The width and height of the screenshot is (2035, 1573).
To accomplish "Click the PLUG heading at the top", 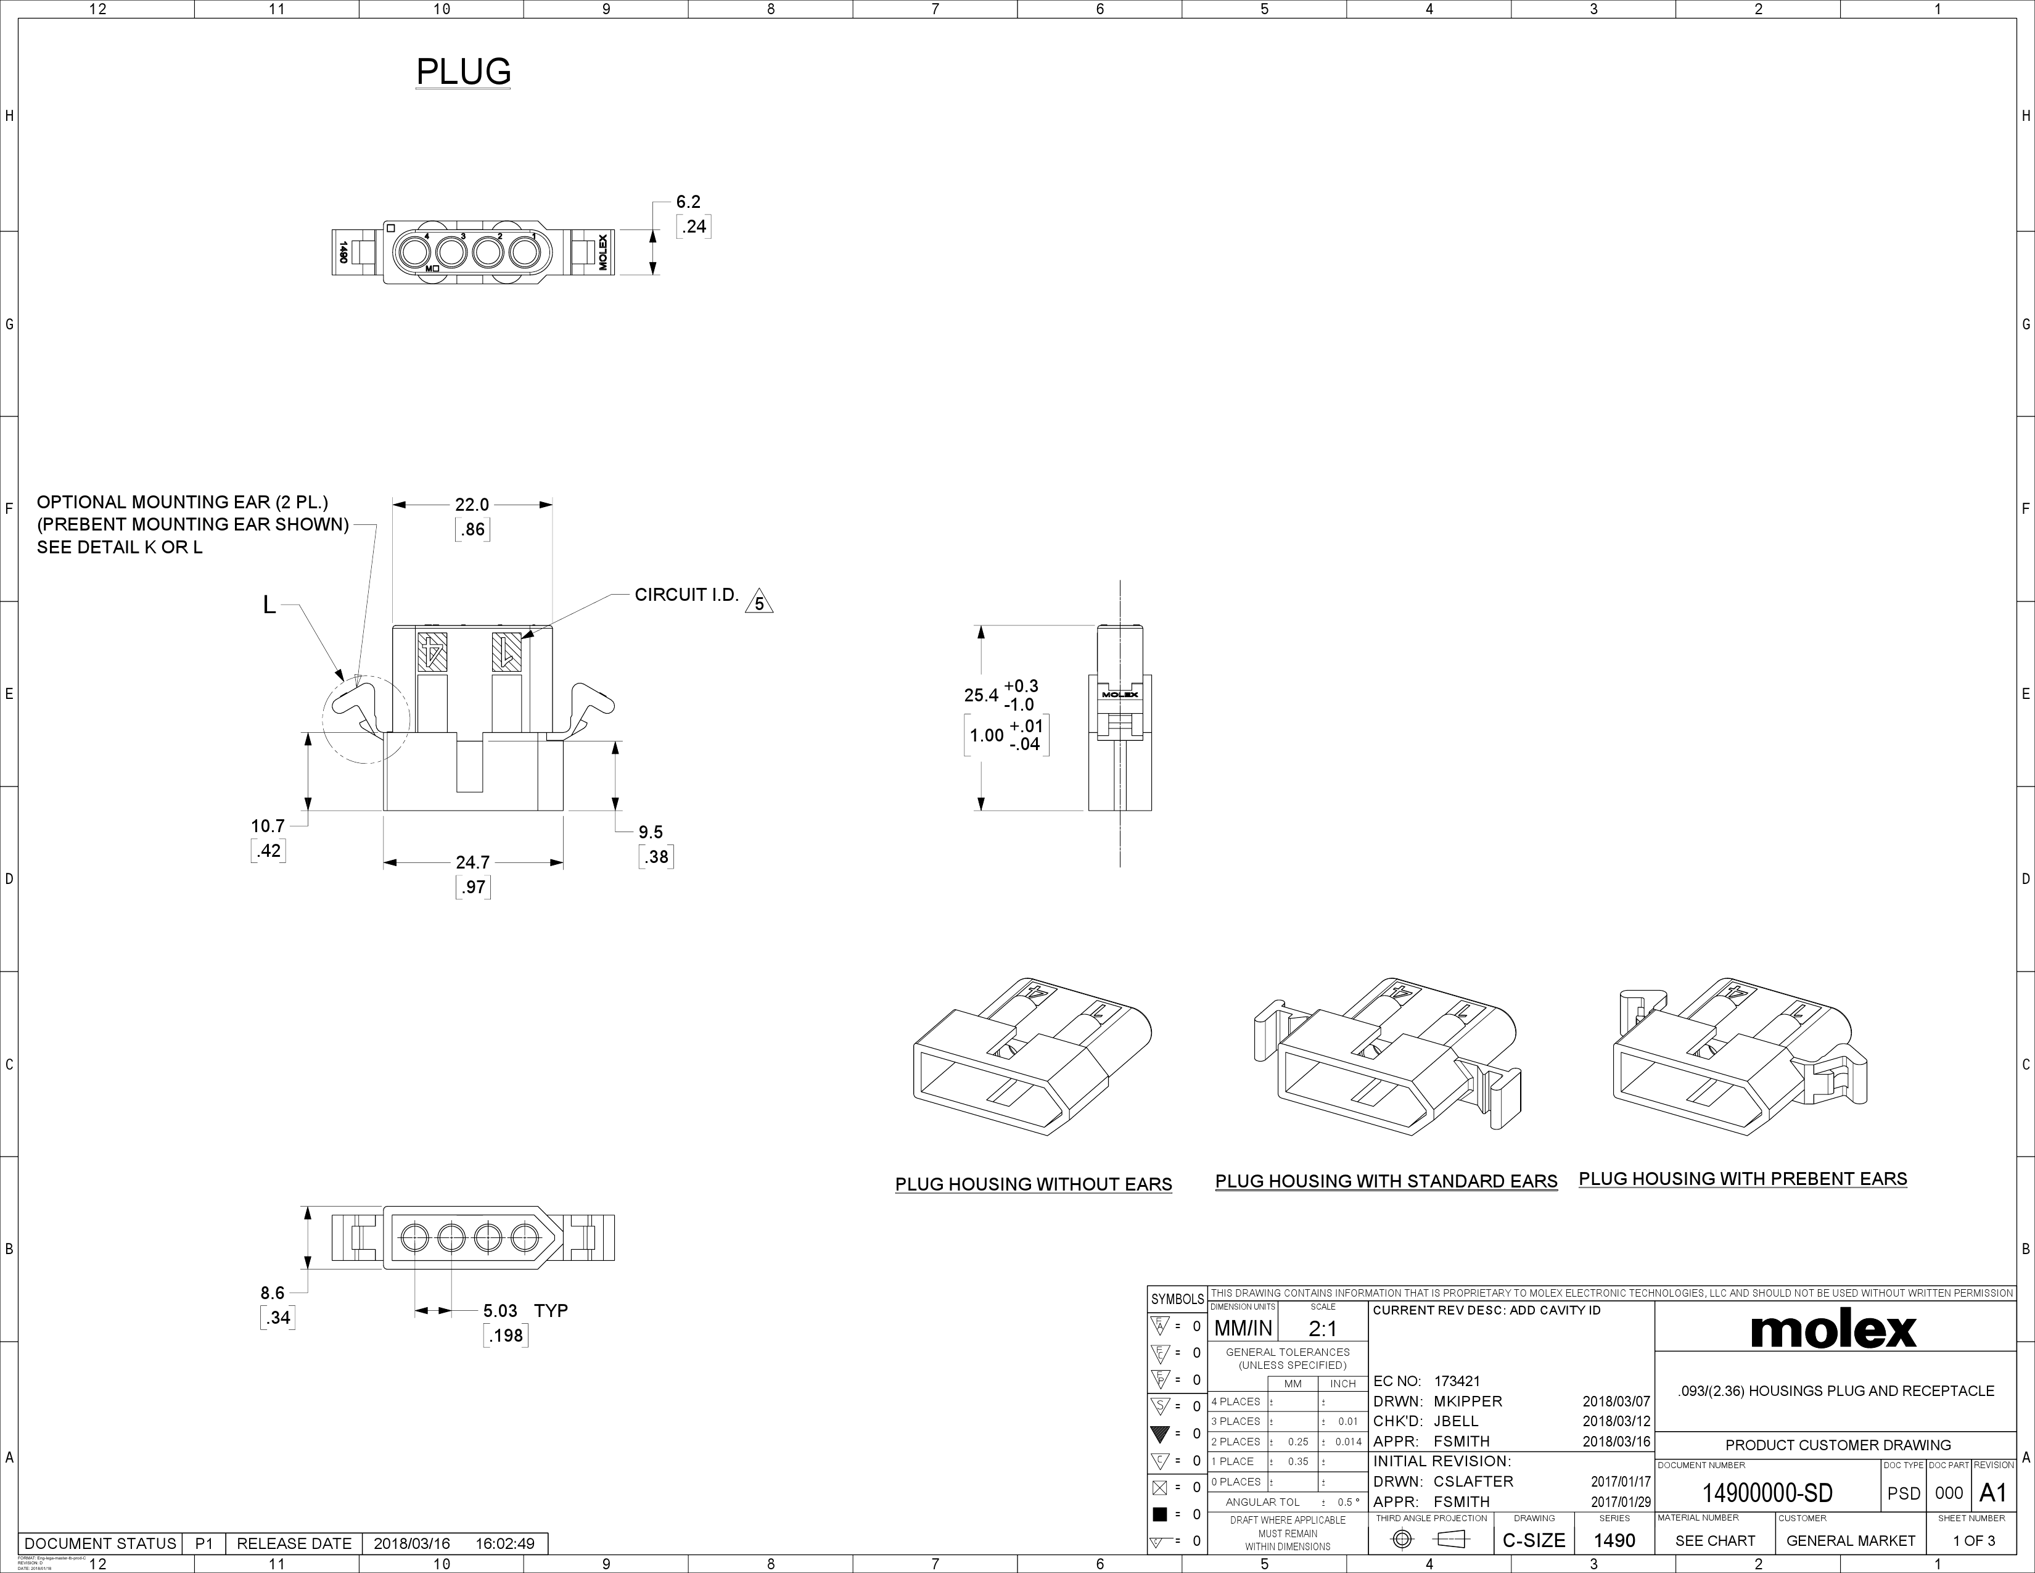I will point(463,72).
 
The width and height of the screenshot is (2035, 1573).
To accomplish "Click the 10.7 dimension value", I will point(268,825).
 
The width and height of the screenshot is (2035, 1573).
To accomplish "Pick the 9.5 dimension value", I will point(651,832).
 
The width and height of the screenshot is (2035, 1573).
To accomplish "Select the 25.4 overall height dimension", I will point(981,695).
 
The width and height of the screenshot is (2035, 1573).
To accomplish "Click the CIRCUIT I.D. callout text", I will point(687,595).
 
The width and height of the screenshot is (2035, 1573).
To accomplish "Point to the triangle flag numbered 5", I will point(759,603).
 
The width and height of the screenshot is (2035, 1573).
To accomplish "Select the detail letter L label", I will point(269,606).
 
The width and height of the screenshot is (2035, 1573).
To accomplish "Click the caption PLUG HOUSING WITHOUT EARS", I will point(1034,1184).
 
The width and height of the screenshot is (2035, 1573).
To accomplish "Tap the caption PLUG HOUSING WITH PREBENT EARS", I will point(1743,1179).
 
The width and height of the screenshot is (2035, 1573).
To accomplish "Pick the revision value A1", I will point(1991,1493).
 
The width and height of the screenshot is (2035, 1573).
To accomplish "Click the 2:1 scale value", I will point(1322,1329).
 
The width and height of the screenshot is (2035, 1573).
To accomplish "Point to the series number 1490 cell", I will point(1614,1540).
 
